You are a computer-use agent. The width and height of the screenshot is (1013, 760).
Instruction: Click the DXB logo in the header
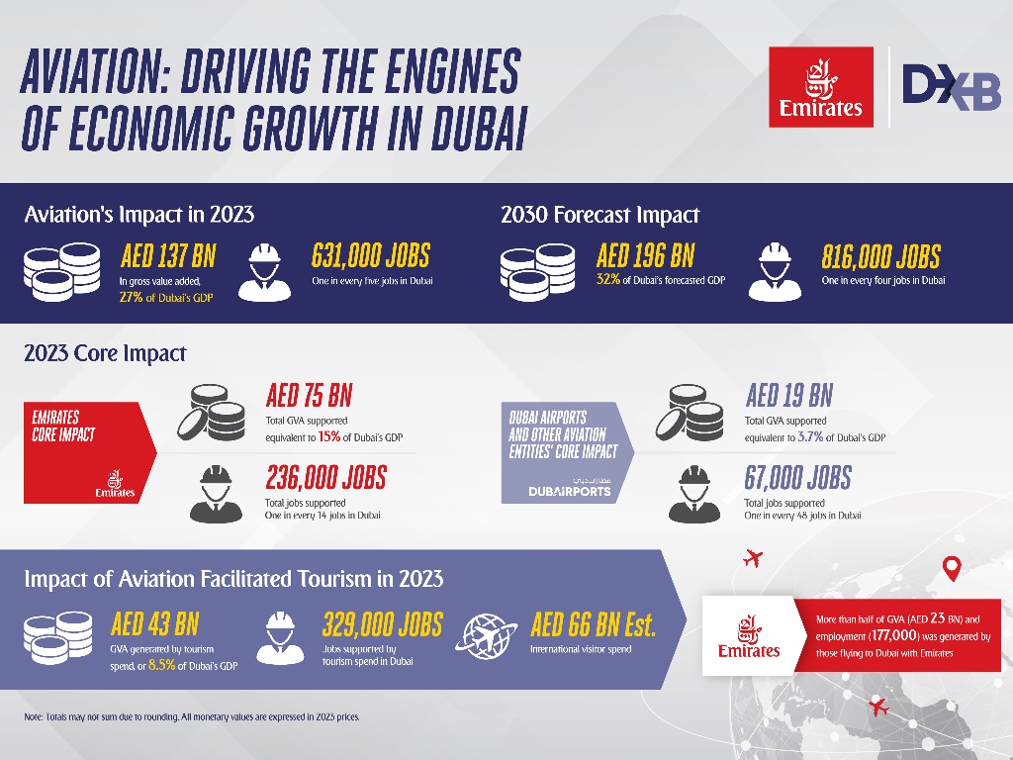(x=951, y=87)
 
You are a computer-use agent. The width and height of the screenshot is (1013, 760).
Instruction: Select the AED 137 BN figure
(x=167, y=257)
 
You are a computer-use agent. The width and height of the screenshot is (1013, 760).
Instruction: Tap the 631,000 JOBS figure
(x=371, y=257)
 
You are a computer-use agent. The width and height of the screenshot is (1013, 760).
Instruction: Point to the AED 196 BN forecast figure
(x=645, y=257)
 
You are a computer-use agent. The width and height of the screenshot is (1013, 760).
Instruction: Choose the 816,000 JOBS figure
(x=880, y=257)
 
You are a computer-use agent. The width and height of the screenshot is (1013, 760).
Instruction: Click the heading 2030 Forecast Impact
(x=600, y=215)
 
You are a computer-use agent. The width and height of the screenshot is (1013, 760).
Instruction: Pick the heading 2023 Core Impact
(x=105, y=353)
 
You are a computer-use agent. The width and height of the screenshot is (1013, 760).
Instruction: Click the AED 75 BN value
(x=309, y=397)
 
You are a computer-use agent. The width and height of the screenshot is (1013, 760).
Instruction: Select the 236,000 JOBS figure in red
(x=325, y=478)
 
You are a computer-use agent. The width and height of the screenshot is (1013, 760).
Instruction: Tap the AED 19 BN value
(x=788, y=397)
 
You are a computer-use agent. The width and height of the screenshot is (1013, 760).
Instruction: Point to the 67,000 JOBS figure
(x=797, y=478)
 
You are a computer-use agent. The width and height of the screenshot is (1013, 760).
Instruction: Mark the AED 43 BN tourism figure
(x=154, y=624)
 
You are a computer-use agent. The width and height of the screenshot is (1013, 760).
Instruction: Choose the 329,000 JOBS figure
(x=382, y=624)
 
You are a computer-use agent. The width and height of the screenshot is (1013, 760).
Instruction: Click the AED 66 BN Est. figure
(x=594, y=624)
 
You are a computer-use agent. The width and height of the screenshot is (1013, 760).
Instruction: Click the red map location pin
(x=952, y=568)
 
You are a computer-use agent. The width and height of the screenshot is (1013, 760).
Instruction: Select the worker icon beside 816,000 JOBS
(x=775, y=270)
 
